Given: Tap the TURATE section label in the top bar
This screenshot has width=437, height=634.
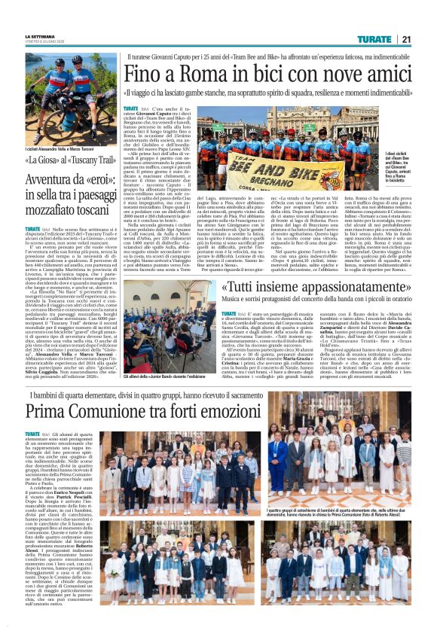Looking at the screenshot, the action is pyautogui.click(x=375, y=39).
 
